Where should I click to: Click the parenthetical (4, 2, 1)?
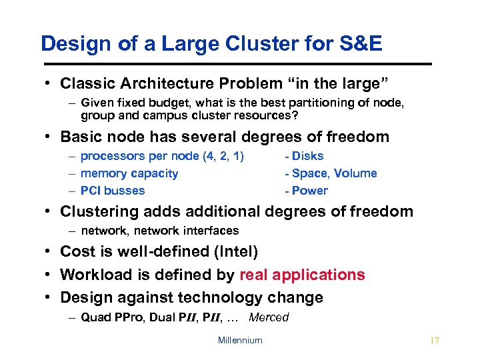(221, 156)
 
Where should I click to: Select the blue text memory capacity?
(129, 173)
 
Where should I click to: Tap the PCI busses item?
(113, 191)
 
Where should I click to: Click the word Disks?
(307, 156)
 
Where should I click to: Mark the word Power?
(309, 191)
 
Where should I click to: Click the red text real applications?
(302, 275)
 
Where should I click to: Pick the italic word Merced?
(269, 317)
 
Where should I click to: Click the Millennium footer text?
(240, 341)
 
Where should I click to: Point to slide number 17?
(435, 341)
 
